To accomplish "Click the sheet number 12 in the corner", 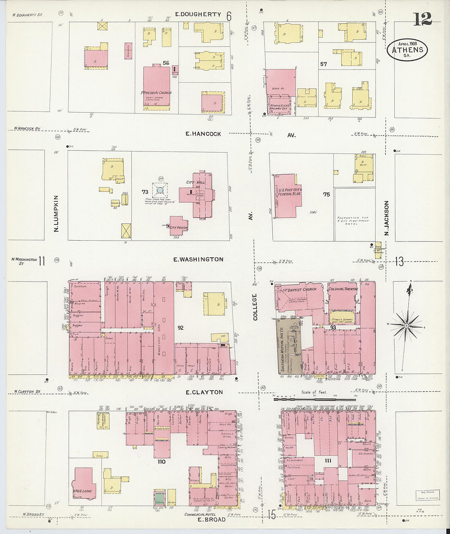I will point(422,19).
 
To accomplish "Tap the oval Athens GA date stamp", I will point(407,50).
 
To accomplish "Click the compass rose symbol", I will point(407,325).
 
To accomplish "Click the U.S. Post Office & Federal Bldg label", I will point(290,192).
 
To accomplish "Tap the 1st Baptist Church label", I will point(299,289).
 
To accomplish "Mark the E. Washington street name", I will point(198,259).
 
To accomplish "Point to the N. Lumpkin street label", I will point(56,214).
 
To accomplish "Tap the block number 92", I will point(180,328).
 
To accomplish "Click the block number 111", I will point(328,461).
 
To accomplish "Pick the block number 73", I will point(145,192).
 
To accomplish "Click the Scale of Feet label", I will point(314,392).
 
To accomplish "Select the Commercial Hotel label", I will point(199,514).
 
